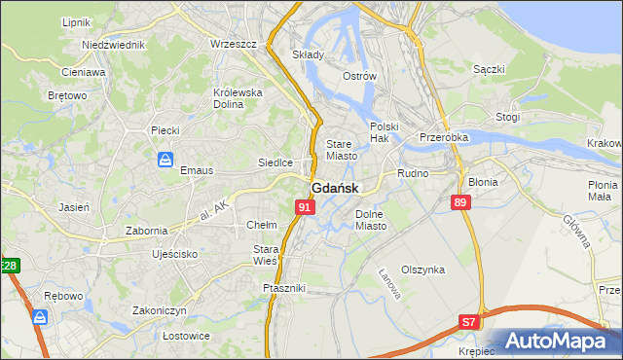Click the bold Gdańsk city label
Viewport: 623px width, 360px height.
335,188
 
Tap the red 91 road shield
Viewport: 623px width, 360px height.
305,207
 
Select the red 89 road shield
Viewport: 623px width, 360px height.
461,201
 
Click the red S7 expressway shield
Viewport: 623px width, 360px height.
470,321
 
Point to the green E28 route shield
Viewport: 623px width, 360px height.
9,266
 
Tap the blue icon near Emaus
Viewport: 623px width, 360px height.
166,159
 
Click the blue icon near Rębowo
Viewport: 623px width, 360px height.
40,317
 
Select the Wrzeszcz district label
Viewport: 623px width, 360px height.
233,45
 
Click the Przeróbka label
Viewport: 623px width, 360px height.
444,137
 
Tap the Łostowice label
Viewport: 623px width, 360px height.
160,336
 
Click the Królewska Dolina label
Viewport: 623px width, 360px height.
238,98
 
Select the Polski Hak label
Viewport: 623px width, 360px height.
385,132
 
